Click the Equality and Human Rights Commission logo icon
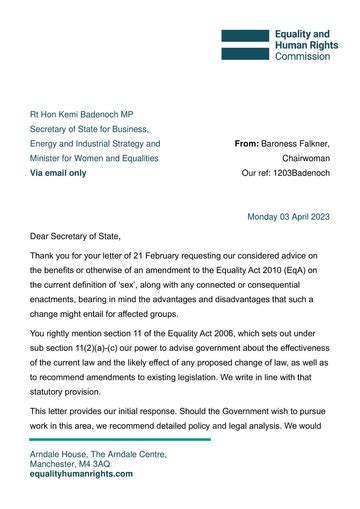pyautogui.click(x=245, y=45)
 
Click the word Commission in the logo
pyautogui.click(x=301, y=58)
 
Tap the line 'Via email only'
pyautogui.click(x=58, y=173)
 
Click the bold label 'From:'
pyautogui.click(x=246, y=144)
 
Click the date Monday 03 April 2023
pyautogui.click(x=289, y=215)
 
